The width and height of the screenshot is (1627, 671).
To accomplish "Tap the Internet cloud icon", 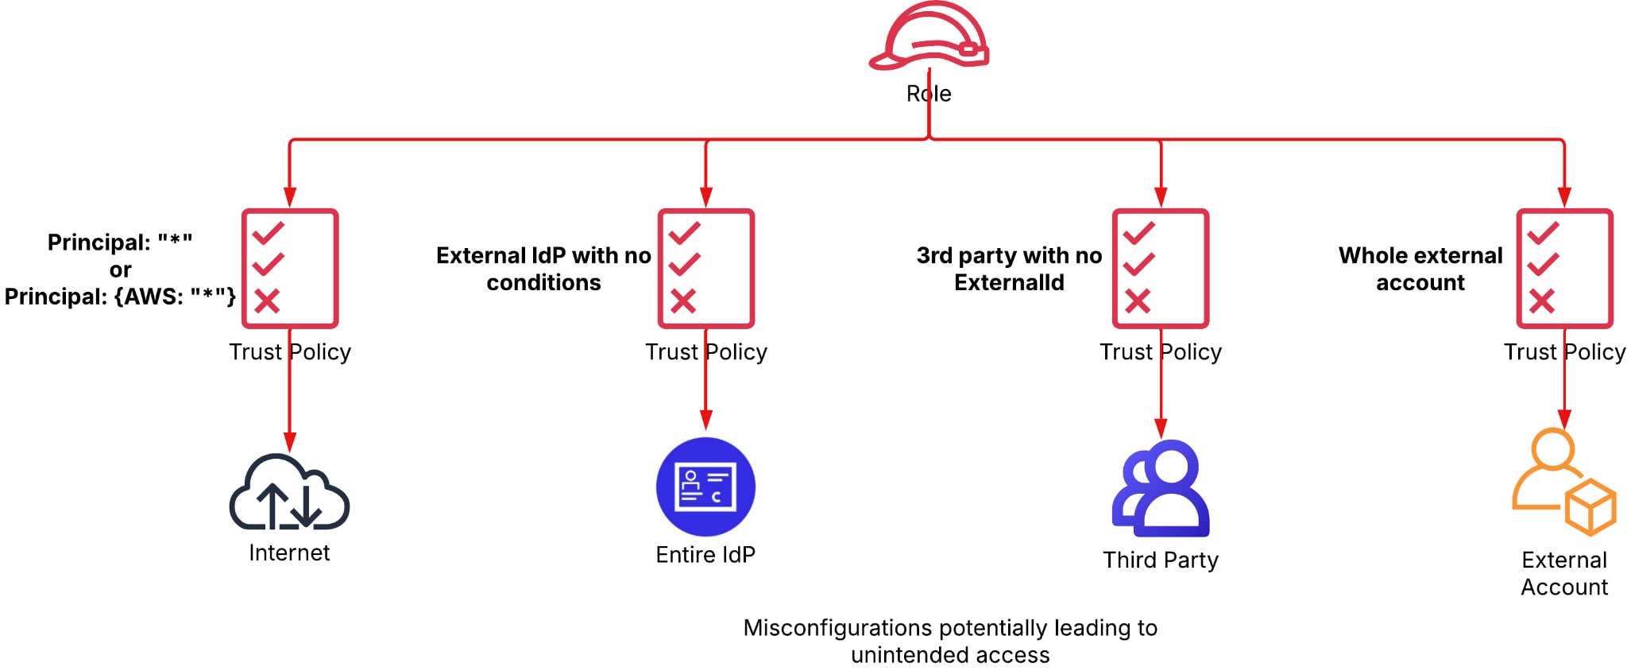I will pyautogui.click(x=289, y=494).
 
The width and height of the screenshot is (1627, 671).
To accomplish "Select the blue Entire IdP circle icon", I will pyautogui.click(x=705, y=487).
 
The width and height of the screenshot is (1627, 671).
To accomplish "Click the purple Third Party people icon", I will pyautogui.click(x=1161, y=489).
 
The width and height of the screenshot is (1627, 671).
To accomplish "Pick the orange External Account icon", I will pyautogui.click(x=1563, y=481).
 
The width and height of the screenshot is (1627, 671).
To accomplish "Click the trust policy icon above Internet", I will pyautogui.click(x=290, y=268).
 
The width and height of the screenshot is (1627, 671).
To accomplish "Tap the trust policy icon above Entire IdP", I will pyautogui.click(x=706, y=268).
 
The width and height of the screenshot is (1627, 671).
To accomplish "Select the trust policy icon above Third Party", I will pyautogui.click(x=1161, y=268).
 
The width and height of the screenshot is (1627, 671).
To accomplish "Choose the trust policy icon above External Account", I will pyautogui.click(x=1564, y=268).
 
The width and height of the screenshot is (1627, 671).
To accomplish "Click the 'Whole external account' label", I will pyautogui.click(x=1420, y=269).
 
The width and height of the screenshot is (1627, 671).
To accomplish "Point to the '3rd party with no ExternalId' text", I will pyautogui.click(x=1009, y=269).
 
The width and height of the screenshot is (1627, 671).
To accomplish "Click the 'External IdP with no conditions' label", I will pyautogui.click(x=543, y=269).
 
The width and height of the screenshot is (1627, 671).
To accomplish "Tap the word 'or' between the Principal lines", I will pyautogui.click(x=120, y=270).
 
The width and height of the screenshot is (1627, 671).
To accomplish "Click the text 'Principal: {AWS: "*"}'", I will pyautogui.click(x=120, y=297).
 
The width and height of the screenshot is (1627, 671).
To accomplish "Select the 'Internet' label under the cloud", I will pyautogui.click(x=289, y=553).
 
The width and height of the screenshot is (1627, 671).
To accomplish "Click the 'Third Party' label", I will pyautogui.click(x=1161, y=560).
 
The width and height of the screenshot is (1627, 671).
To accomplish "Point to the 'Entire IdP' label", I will pyautogui.click(x=705, y=554).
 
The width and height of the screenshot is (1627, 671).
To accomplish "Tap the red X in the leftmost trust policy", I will pyautogui.click(x=267, y=301).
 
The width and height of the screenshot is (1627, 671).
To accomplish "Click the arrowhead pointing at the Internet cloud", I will pyautogui.click(x=290, y=442).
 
